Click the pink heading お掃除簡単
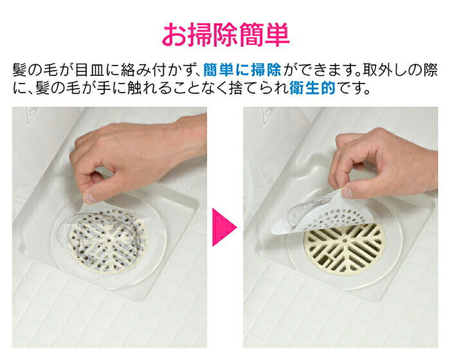click(226, 35)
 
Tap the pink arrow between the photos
click(222, 228)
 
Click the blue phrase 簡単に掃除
click(242, 70)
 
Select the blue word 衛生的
click(312, 88)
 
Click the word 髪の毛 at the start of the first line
click(35, 70)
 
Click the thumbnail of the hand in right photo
click(346, 192)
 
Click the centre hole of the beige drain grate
click(345, 241)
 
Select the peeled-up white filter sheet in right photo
click(321, 212)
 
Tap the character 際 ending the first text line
click(431, 70)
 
